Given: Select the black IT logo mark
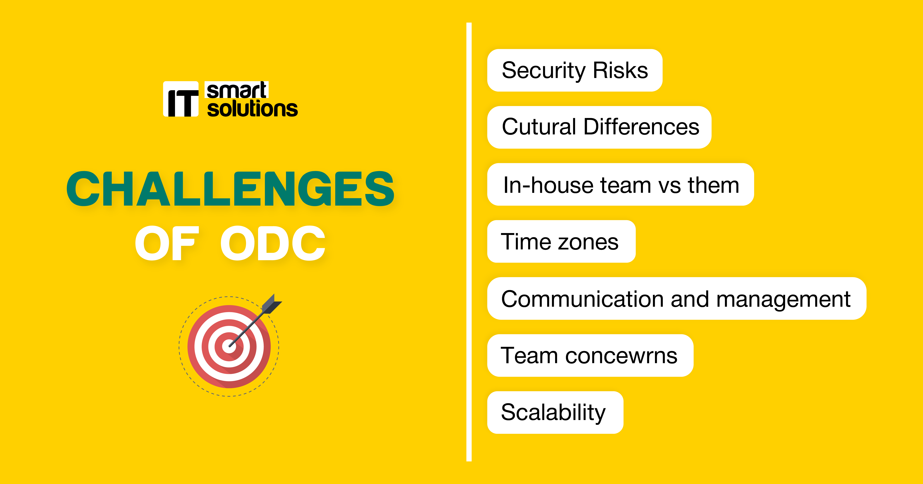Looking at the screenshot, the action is [x=181, y=99].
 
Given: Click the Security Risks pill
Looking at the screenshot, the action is [x=575, y=70].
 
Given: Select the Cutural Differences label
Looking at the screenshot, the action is [x=599, y=127].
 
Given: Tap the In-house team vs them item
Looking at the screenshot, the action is [x=621, y=184].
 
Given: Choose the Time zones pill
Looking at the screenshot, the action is [x=562, y=241].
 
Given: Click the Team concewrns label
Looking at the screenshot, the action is [x=590, y=355].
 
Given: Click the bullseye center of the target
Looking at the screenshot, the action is [x=229, y=346].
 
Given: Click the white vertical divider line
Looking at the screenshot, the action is [x=469, y=242].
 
